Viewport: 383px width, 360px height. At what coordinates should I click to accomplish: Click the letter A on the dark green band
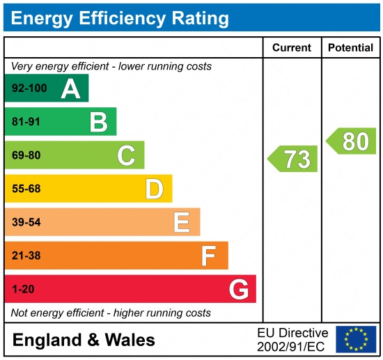(x=70, y=88)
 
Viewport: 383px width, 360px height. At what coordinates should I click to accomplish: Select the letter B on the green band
(x=98, y=122)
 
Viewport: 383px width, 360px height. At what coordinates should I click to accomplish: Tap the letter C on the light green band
(x=126, y=155)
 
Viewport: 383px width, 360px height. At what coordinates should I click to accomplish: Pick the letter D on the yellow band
(x=154, y=189)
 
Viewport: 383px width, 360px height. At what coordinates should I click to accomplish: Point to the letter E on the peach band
(x=182, y=222)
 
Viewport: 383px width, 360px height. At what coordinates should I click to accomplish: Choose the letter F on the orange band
(x=209, y=256)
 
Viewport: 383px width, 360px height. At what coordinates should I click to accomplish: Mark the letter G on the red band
(x=238, y=289)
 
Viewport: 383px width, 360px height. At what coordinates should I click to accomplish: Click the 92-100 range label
(x=29, y=88)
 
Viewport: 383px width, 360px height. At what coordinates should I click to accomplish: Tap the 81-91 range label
(x=26, y=122)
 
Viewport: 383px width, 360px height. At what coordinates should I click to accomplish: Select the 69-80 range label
(x=26, y=155)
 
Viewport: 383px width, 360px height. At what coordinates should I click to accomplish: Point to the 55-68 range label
(x=26, y=189)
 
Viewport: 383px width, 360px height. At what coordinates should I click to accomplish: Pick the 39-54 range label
(x=26, y=222)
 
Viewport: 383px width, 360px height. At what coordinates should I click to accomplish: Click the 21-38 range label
(x=26, y=256)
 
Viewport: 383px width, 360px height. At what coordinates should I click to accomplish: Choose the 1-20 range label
(x=23, y=289)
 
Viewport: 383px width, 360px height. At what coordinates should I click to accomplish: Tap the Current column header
(x=291, y=48)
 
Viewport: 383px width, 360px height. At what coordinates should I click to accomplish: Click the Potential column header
(x=350, y=48)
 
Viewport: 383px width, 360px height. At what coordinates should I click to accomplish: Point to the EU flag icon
(x=355, y=339)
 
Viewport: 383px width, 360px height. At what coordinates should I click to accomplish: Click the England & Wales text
(x=84, y=340)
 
